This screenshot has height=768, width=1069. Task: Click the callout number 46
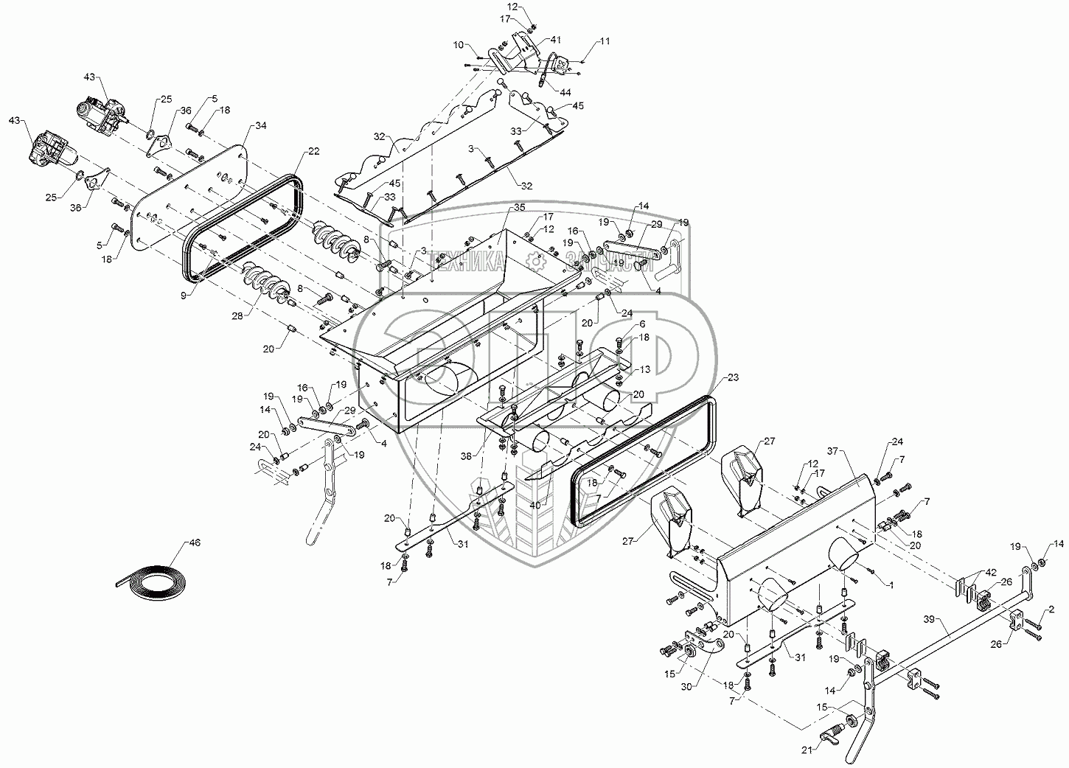pyautogui.click(x=195, y=543)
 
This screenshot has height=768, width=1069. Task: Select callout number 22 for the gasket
pyautogui.click(x=313, y=151)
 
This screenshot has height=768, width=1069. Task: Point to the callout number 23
pyautogui.click(x=733, y=377)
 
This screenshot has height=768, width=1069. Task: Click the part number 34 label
pyautogui.click(x=260, y=125)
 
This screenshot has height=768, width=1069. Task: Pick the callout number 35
pyautogui.click(x=519, y=207)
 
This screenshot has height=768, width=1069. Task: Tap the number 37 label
pyautogui.click(x=833, y=451)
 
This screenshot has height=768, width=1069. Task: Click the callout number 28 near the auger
pyautogui.click(x=237, y=315)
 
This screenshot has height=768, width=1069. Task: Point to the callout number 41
pyautogui.click(x=555, y=40)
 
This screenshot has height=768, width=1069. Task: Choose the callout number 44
pyautogui.click(x=565, y=92)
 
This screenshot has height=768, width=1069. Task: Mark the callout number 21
pyautogui.click(x=807, y=750)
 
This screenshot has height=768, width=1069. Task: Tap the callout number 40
pyautogui.click(x=535, y=505)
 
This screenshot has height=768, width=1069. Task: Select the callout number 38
pyautogui.click(x=466, y=456)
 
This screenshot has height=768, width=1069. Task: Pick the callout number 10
pyautogui.click(x=458, y=45)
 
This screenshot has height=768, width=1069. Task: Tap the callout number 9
pyautogui.click(x=184, y=296)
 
